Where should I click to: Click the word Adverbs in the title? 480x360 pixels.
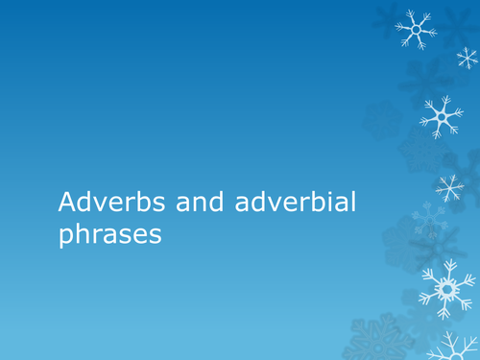(100, 203)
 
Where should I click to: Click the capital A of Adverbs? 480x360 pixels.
(66, 203)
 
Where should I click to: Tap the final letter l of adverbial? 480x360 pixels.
(300, 202)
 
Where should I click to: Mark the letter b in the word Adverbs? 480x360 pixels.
(125, 203)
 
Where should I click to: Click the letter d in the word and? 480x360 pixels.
(188, 203)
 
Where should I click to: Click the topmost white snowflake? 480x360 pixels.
(417, 30)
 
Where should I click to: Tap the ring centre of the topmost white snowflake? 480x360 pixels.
(417, 30)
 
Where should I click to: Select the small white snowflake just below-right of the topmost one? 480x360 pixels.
(467, 59)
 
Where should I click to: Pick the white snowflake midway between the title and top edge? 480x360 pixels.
(440, 117)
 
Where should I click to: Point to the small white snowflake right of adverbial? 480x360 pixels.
(449, 186)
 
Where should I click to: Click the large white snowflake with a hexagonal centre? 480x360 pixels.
(444, 288)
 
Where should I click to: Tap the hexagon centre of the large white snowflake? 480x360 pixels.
(444, 288)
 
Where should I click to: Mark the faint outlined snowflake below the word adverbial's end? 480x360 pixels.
(427, 222)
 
